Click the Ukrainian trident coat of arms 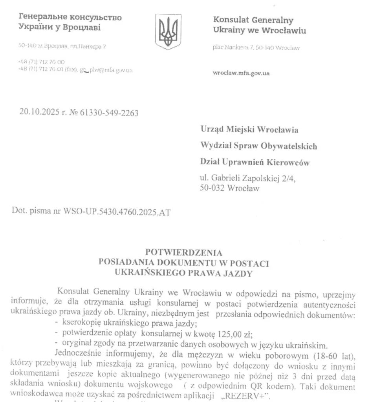(x=168, y=32)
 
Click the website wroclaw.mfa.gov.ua (x=241, y=73)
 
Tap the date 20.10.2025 (x=35, y=113)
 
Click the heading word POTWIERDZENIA (x=183, y=252)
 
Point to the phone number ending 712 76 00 (x=41, y=62)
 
